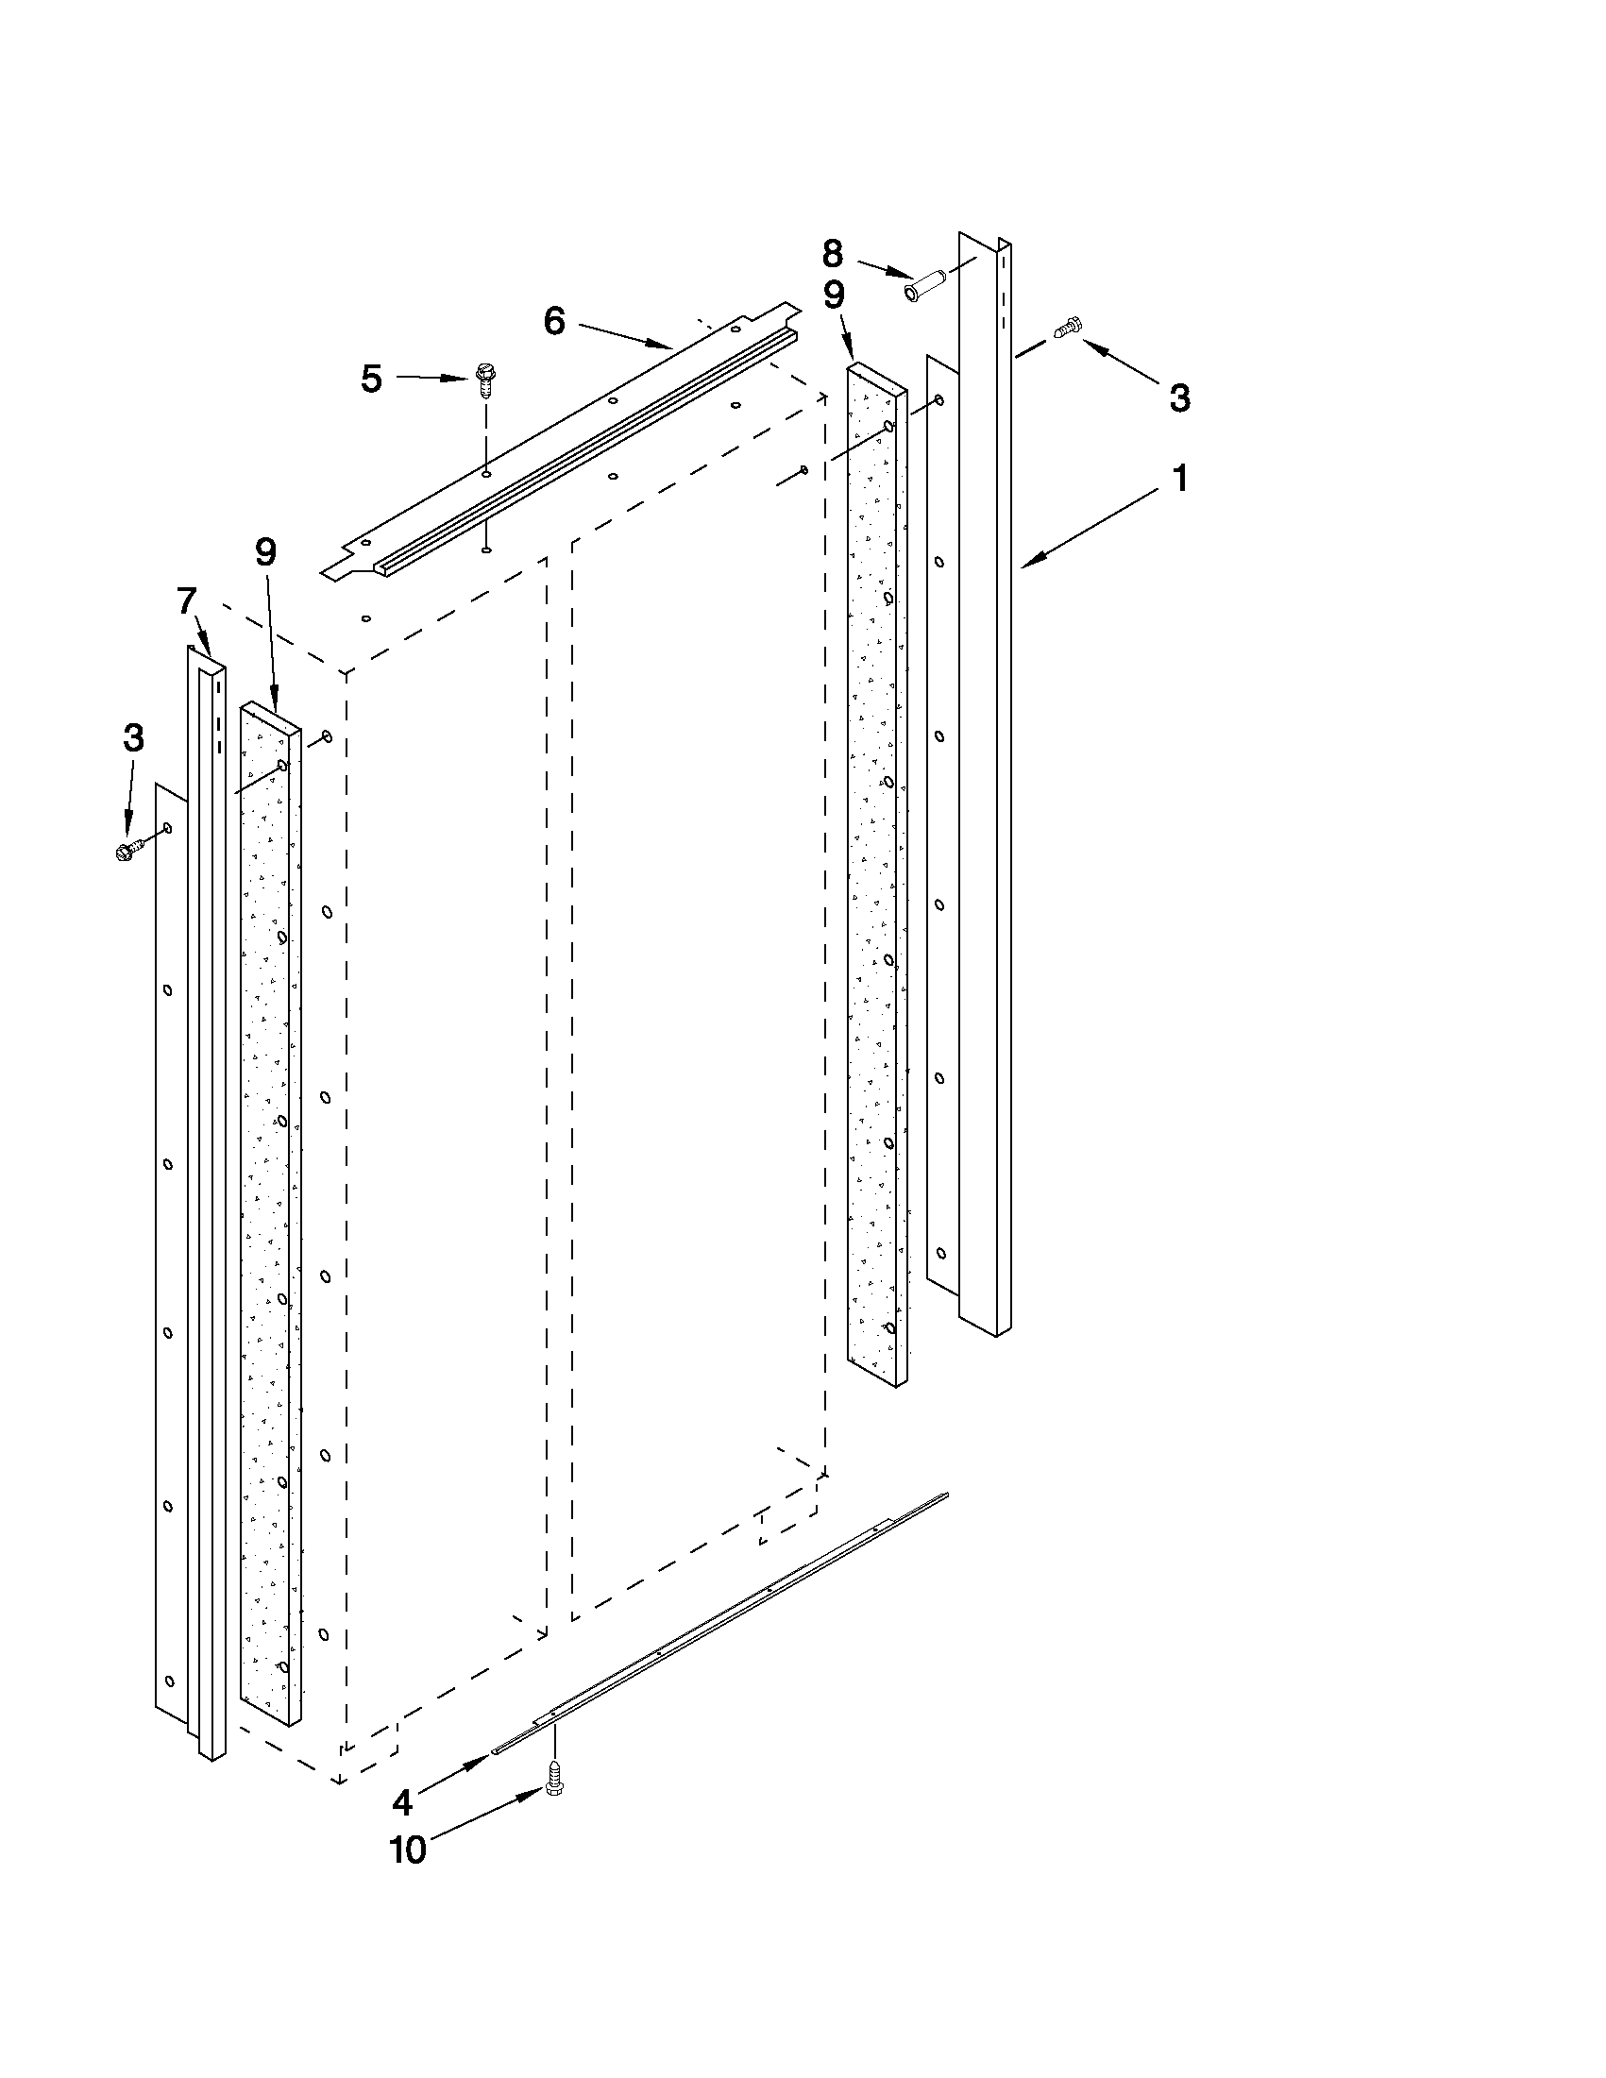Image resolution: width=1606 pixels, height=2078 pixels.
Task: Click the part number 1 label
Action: tap(1179, 479)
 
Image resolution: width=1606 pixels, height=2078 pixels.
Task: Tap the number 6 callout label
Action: tap(553, 322)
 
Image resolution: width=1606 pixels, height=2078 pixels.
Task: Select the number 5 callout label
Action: tap(371, 379)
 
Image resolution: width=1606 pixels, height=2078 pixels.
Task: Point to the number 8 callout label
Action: tap(832, 254)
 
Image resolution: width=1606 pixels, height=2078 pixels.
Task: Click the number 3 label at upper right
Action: tap(1179, 397)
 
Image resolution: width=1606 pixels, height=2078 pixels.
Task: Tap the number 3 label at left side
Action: tap(133, 737)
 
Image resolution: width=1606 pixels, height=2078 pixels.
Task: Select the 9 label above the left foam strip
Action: tap(265, 552)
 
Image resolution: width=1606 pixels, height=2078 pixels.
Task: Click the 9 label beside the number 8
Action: tap(834, 296)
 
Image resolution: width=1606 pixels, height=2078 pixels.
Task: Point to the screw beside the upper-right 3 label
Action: tap(1067, 329)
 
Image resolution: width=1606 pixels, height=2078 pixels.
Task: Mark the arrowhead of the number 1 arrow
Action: tap(1025, 568)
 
